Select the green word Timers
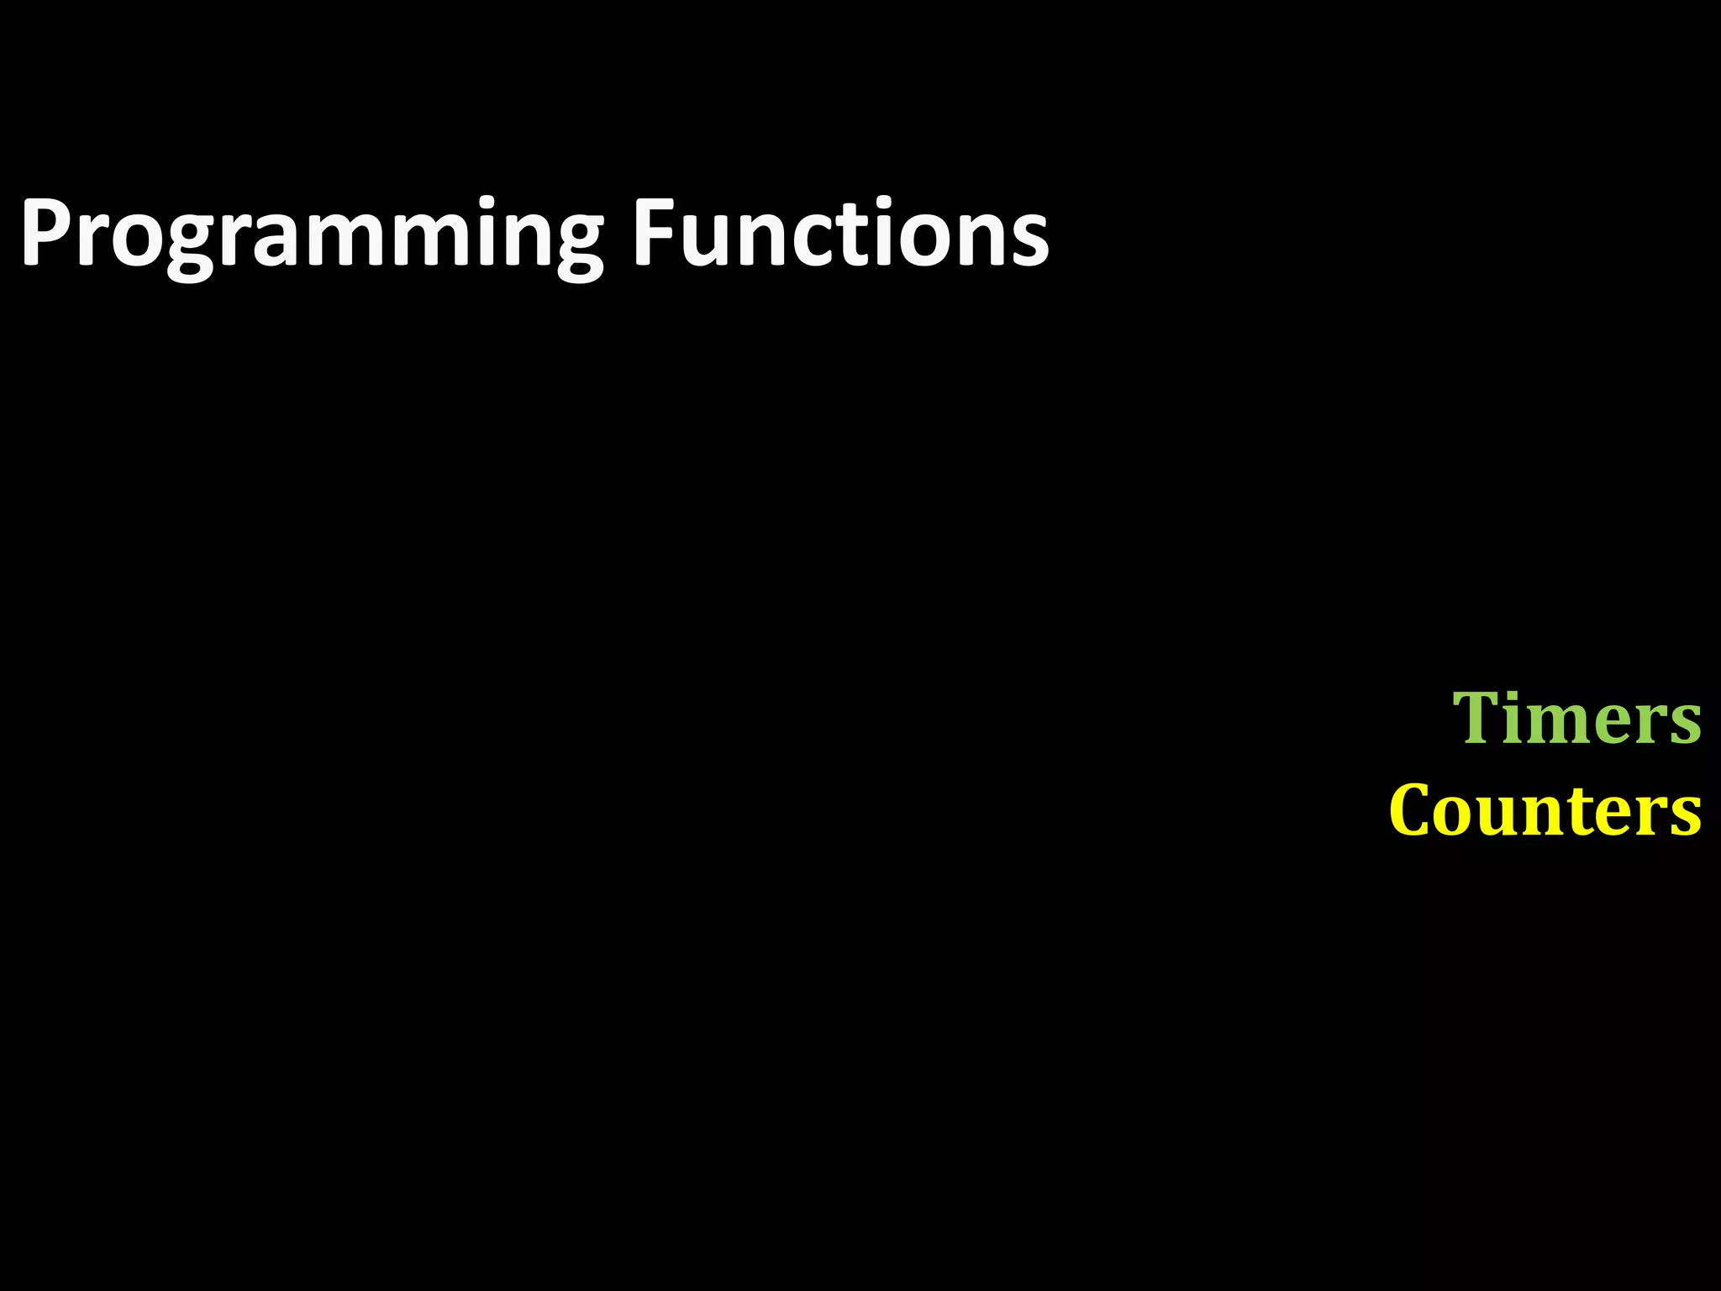1576,719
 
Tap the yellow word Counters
1545,811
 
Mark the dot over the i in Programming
480,202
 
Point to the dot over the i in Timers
1522,694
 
